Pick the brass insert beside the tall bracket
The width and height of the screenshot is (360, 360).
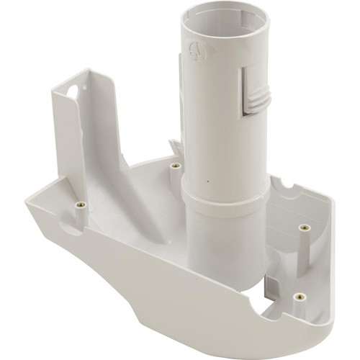(x=79, y=205)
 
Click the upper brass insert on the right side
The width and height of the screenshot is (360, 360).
(x=305, y=228)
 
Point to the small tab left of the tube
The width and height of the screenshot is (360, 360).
(x=173, y=147)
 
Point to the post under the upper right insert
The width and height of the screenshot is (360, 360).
(x=305, y=248)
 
